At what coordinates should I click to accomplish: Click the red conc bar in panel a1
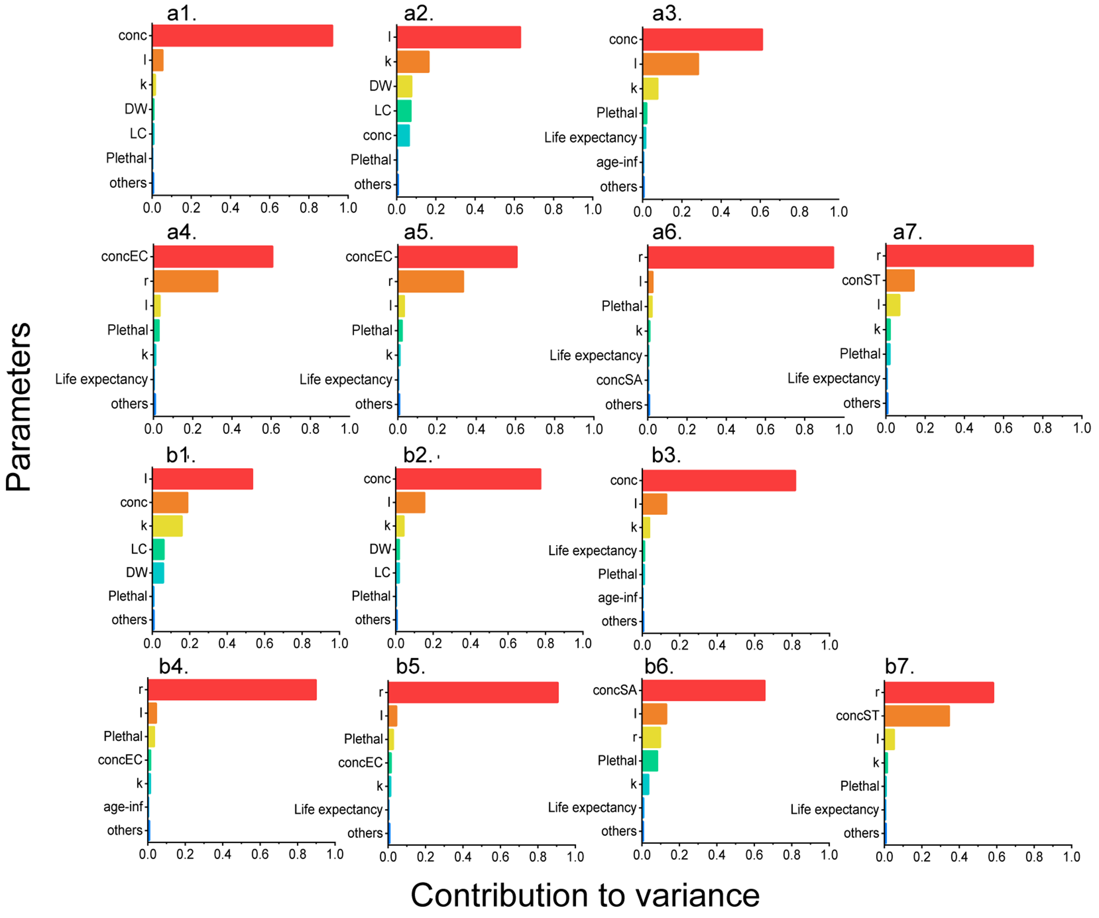tap(242, 36)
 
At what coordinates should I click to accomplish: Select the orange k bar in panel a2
tap(413, 62)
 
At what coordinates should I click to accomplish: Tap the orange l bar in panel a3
tap(670, 64)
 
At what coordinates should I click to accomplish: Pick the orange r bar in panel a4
tap(186, 281)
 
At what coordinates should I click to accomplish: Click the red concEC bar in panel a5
tap(457, 256)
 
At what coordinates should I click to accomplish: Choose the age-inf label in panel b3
tap(617, 597)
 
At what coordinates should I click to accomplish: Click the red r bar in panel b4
tap(232, 690)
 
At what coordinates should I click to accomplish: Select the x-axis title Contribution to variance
tap(585, 895)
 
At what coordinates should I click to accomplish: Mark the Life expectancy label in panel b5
tap(338, 810)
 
